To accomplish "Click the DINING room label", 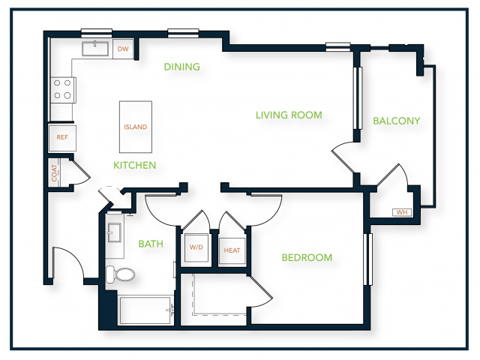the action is pos(181,67).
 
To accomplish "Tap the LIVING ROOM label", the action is pos(289,115).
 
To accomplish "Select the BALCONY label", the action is pos(397,121).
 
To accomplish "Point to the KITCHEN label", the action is pos(135,165).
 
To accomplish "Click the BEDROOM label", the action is pos(307,258).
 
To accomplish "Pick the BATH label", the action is pos(151,244).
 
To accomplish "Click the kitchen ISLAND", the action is pos(136,127).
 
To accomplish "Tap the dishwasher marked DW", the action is pos(123,49).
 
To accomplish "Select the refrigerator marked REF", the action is pos(62,138).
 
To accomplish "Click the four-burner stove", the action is pos(63,90).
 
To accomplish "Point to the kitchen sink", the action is pos(95,49).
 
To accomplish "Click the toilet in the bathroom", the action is pos(120,274).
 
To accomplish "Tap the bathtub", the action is pos(145,310).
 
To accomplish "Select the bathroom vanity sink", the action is pos(115,232).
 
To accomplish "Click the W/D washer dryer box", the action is pos(196,247).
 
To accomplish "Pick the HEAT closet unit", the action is pos(232,250).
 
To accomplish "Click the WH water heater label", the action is pos(402,212).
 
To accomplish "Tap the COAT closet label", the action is pos(54,173).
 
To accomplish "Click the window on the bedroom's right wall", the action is pos(368,259).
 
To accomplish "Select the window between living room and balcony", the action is pos(358,98).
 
